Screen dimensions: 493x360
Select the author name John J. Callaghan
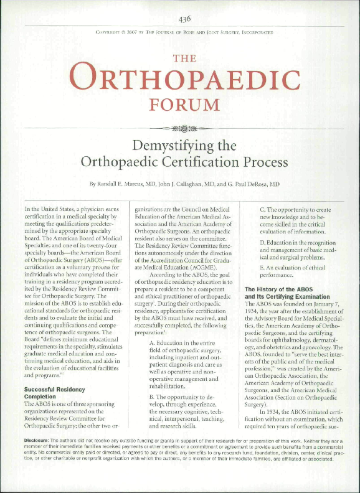196,185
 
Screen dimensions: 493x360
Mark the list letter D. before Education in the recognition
263,240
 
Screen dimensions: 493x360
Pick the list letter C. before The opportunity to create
263,210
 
